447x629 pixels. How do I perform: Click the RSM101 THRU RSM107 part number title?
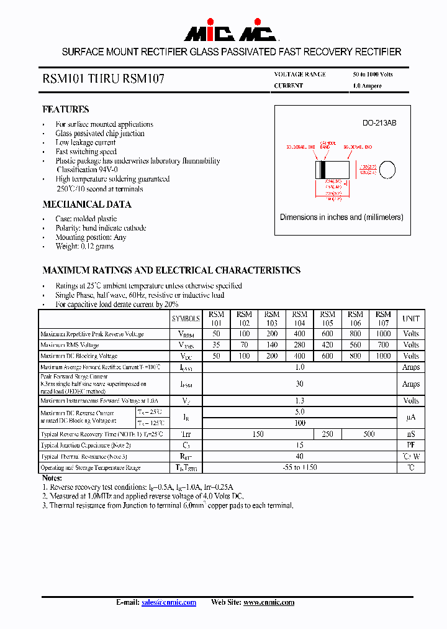[x=103, y=80]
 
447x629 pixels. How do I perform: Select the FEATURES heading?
[x=65, y=109]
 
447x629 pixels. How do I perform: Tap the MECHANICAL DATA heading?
[x=86, y=204]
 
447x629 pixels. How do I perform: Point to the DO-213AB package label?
[x=379, y=123]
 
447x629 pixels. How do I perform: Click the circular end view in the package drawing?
[x=387, y=169]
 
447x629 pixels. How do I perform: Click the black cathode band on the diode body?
[x=321, y=169]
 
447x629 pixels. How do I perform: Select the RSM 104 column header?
[x=299, y=318]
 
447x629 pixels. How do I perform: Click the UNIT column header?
[x=410, y=318]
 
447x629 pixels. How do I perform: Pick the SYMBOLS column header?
[x=186, y=318]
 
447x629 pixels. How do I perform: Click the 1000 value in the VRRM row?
[x=383, y=334]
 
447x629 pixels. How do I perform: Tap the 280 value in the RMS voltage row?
[x=299, y=345]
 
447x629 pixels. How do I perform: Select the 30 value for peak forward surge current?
[x=299, y=384]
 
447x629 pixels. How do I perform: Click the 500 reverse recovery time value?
[x=369, y=434]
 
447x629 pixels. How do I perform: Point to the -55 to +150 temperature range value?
[x=299, y=467]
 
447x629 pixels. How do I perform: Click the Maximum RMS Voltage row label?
[x=70, y=345]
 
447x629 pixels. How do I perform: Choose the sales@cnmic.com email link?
[x=168, y=602]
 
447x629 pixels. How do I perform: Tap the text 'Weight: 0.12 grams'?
[x=84, y=246]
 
